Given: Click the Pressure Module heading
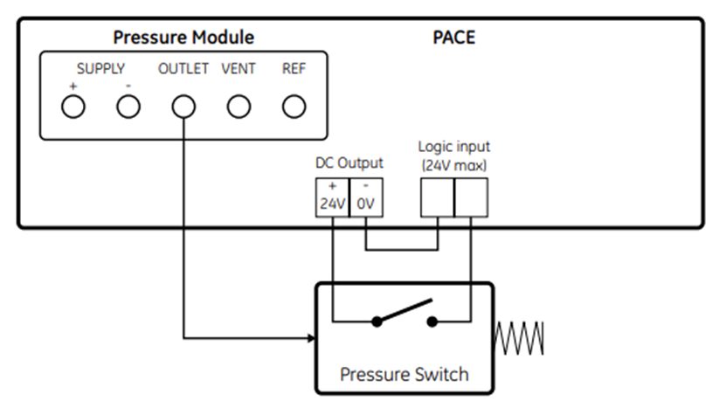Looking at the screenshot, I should coord(183,38).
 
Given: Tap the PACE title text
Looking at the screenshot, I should coord(453,38).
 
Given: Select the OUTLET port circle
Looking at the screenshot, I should coord(183,107).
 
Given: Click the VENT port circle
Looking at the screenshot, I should coord(239,107).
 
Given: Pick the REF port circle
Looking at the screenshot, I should coord(294,107).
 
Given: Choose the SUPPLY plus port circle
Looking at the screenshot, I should coord(73,107).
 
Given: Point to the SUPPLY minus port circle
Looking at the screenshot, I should coord(128,107).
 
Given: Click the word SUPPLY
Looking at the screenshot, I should coord(100,68).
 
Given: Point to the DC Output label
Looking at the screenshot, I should coord(349,163).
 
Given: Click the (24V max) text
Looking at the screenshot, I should coord(453,164).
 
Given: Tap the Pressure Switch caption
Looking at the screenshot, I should coord(404,375).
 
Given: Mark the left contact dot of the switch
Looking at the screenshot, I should coord(377,321).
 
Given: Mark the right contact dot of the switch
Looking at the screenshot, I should coord(432,321).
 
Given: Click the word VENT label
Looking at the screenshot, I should coord(238,68).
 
